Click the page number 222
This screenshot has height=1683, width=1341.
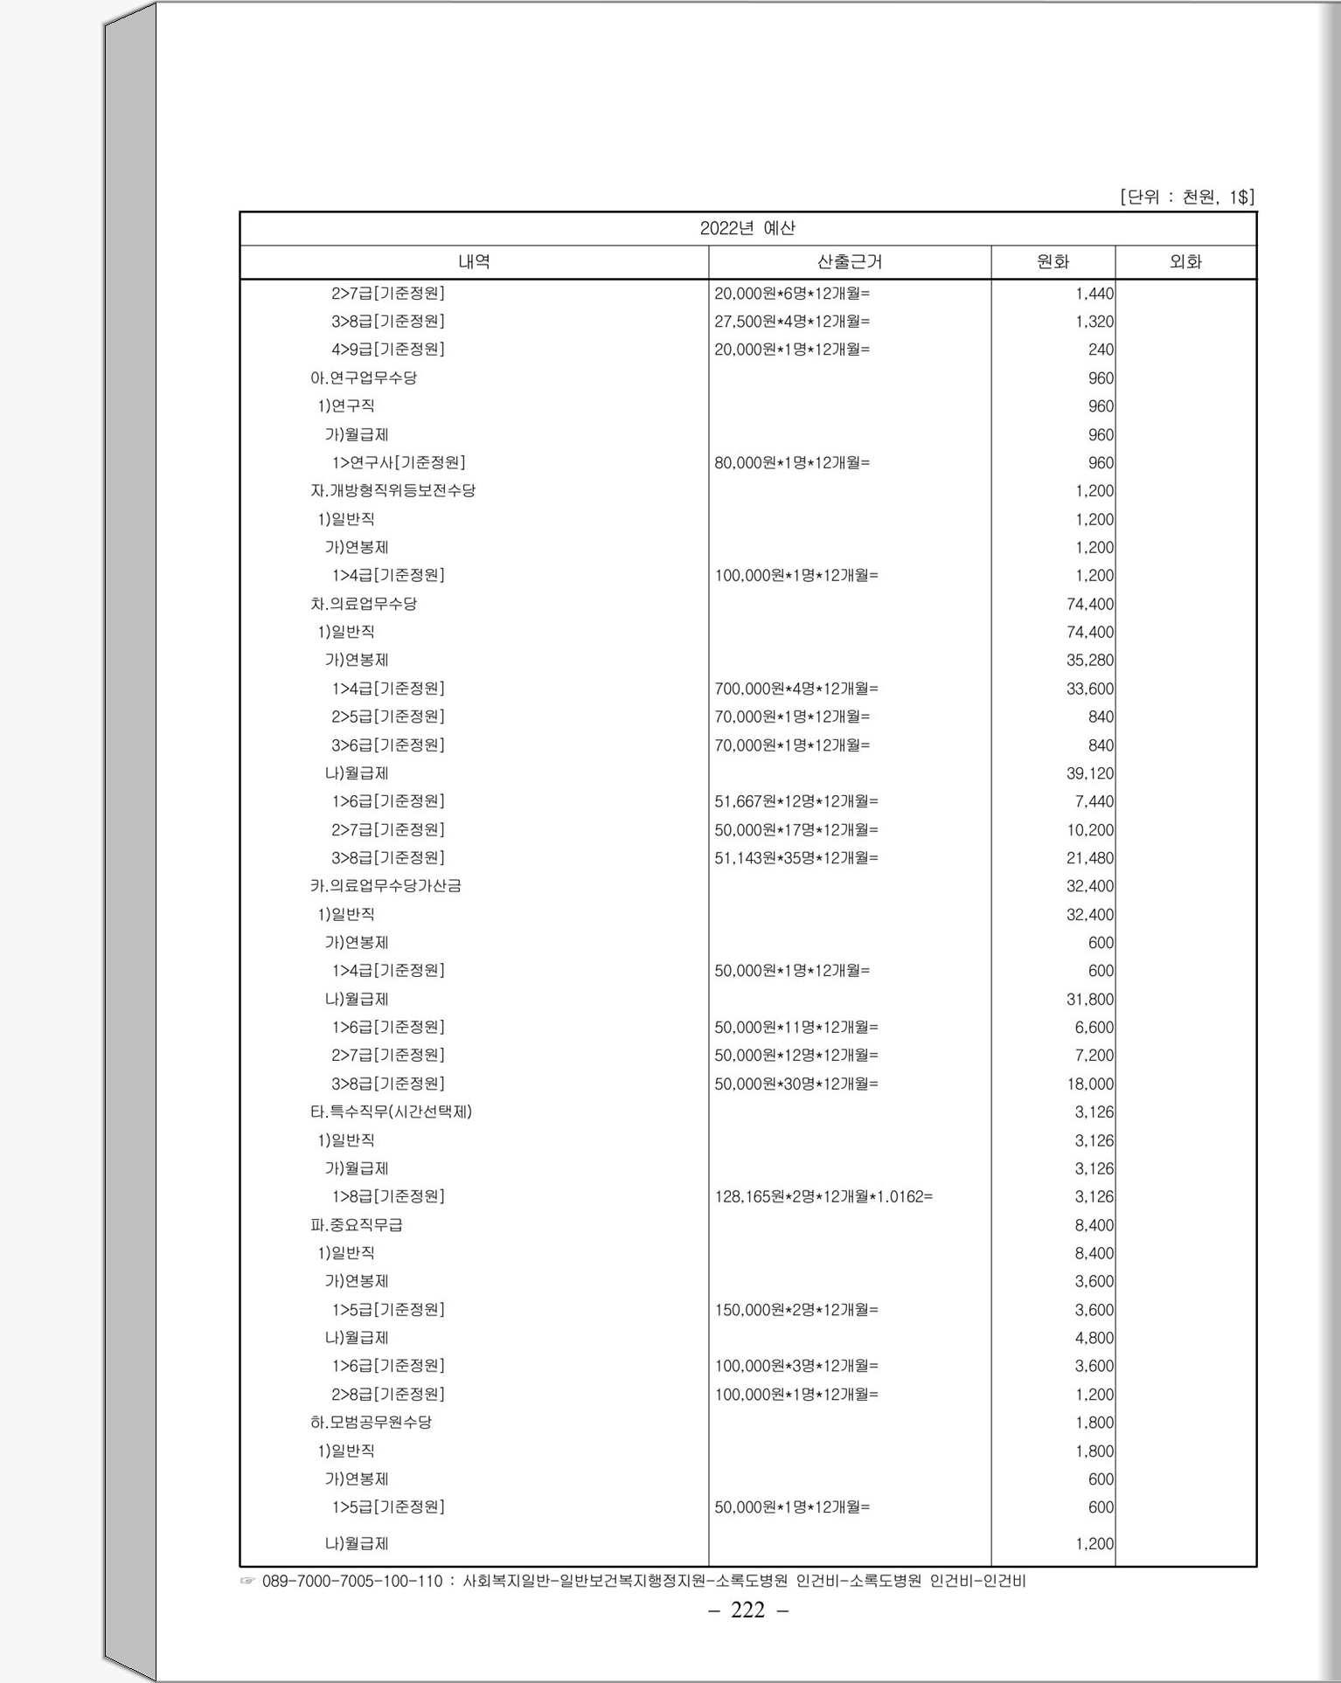747,1610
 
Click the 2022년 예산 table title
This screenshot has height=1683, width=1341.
747,228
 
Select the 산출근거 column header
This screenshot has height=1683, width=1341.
849,261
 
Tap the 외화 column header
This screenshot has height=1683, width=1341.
1185,261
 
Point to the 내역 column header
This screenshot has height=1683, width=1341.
474,261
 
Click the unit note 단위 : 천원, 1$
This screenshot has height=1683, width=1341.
1187,197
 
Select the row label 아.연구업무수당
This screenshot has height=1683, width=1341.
364,377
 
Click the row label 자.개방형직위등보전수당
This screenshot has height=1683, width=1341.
393,490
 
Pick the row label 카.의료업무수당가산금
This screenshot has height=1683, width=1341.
386,885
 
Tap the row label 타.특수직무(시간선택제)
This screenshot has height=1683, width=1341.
391,1112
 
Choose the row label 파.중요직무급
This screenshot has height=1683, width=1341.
357,1224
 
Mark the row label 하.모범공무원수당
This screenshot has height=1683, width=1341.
371,1422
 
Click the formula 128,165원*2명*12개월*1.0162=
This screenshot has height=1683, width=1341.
823,1196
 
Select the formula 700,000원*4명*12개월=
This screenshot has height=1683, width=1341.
796,689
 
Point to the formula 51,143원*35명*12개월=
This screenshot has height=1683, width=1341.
796,857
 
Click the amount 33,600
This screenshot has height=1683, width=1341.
1089,689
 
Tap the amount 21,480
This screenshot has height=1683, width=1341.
1089,857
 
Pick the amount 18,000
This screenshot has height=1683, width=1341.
1089,1084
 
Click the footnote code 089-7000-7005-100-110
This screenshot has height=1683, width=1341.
352,1581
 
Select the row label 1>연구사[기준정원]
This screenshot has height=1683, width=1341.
398,462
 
